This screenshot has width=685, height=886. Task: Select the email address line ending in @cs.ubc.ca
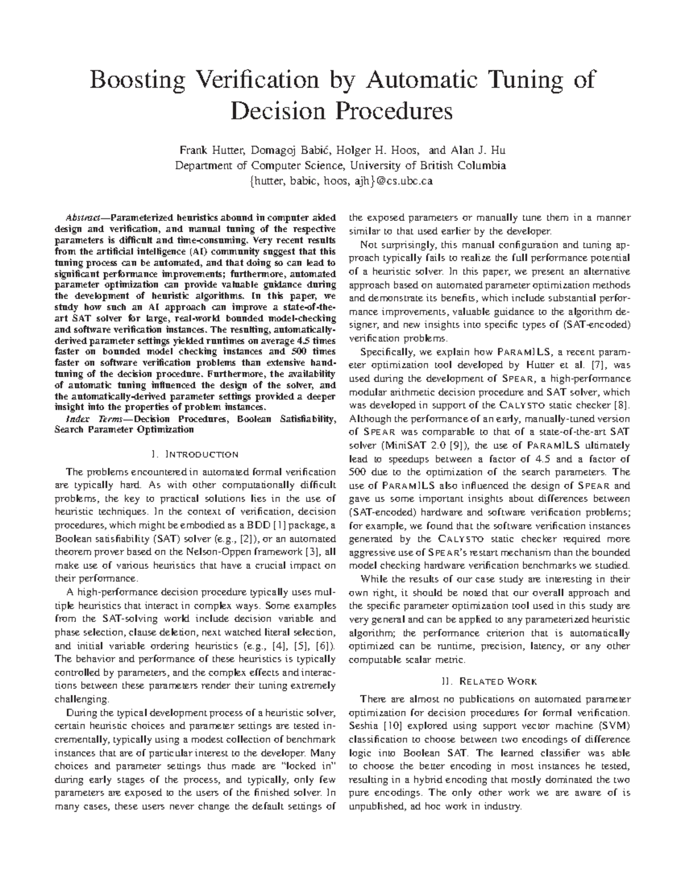[342, 181]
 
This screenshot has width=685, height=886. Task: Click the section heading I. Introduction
[195, 455]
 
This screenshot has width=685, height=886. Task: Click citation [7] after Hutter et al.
[590, 365]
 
